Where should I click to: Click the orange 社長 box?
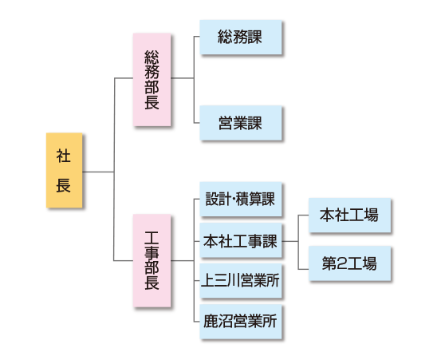coord(65,170)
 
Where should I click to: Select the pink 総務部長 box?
coord(152,80)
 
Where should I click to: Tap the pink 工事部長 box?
coord(152,260)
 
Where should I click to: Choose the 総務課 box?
coord(241,38)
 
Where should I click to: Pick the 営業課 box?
coord(241,123)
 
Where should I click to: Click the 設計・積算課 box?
coord(241,199)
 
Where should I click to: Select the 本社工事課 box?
coord(241,240)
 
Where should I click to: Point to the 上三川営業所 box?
coord(241,281)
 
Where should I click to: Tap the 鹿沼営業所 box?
coord(241,322)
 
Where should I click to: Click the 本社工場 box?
coord(349,216)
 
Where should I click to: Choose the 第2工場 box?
coord(349,263)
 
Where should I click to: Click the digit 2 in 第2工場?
coord(341,263)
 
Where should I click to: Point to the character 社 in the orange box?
coord(63,156)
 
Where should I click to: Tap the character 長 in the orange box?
coord(63,185)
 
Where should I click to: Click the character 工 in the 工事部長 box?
coord(152,238)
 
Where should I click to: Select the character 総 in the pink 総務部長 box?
coord(152,57)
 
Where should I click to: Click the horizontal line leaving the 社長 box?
coord(98,172)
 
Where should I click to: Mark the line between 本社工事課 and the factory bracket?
coord(290,241)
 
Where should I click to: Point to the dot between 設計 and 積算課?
coord(234,200)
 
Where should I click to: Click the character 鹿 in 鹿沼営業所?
coord(211,322)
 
